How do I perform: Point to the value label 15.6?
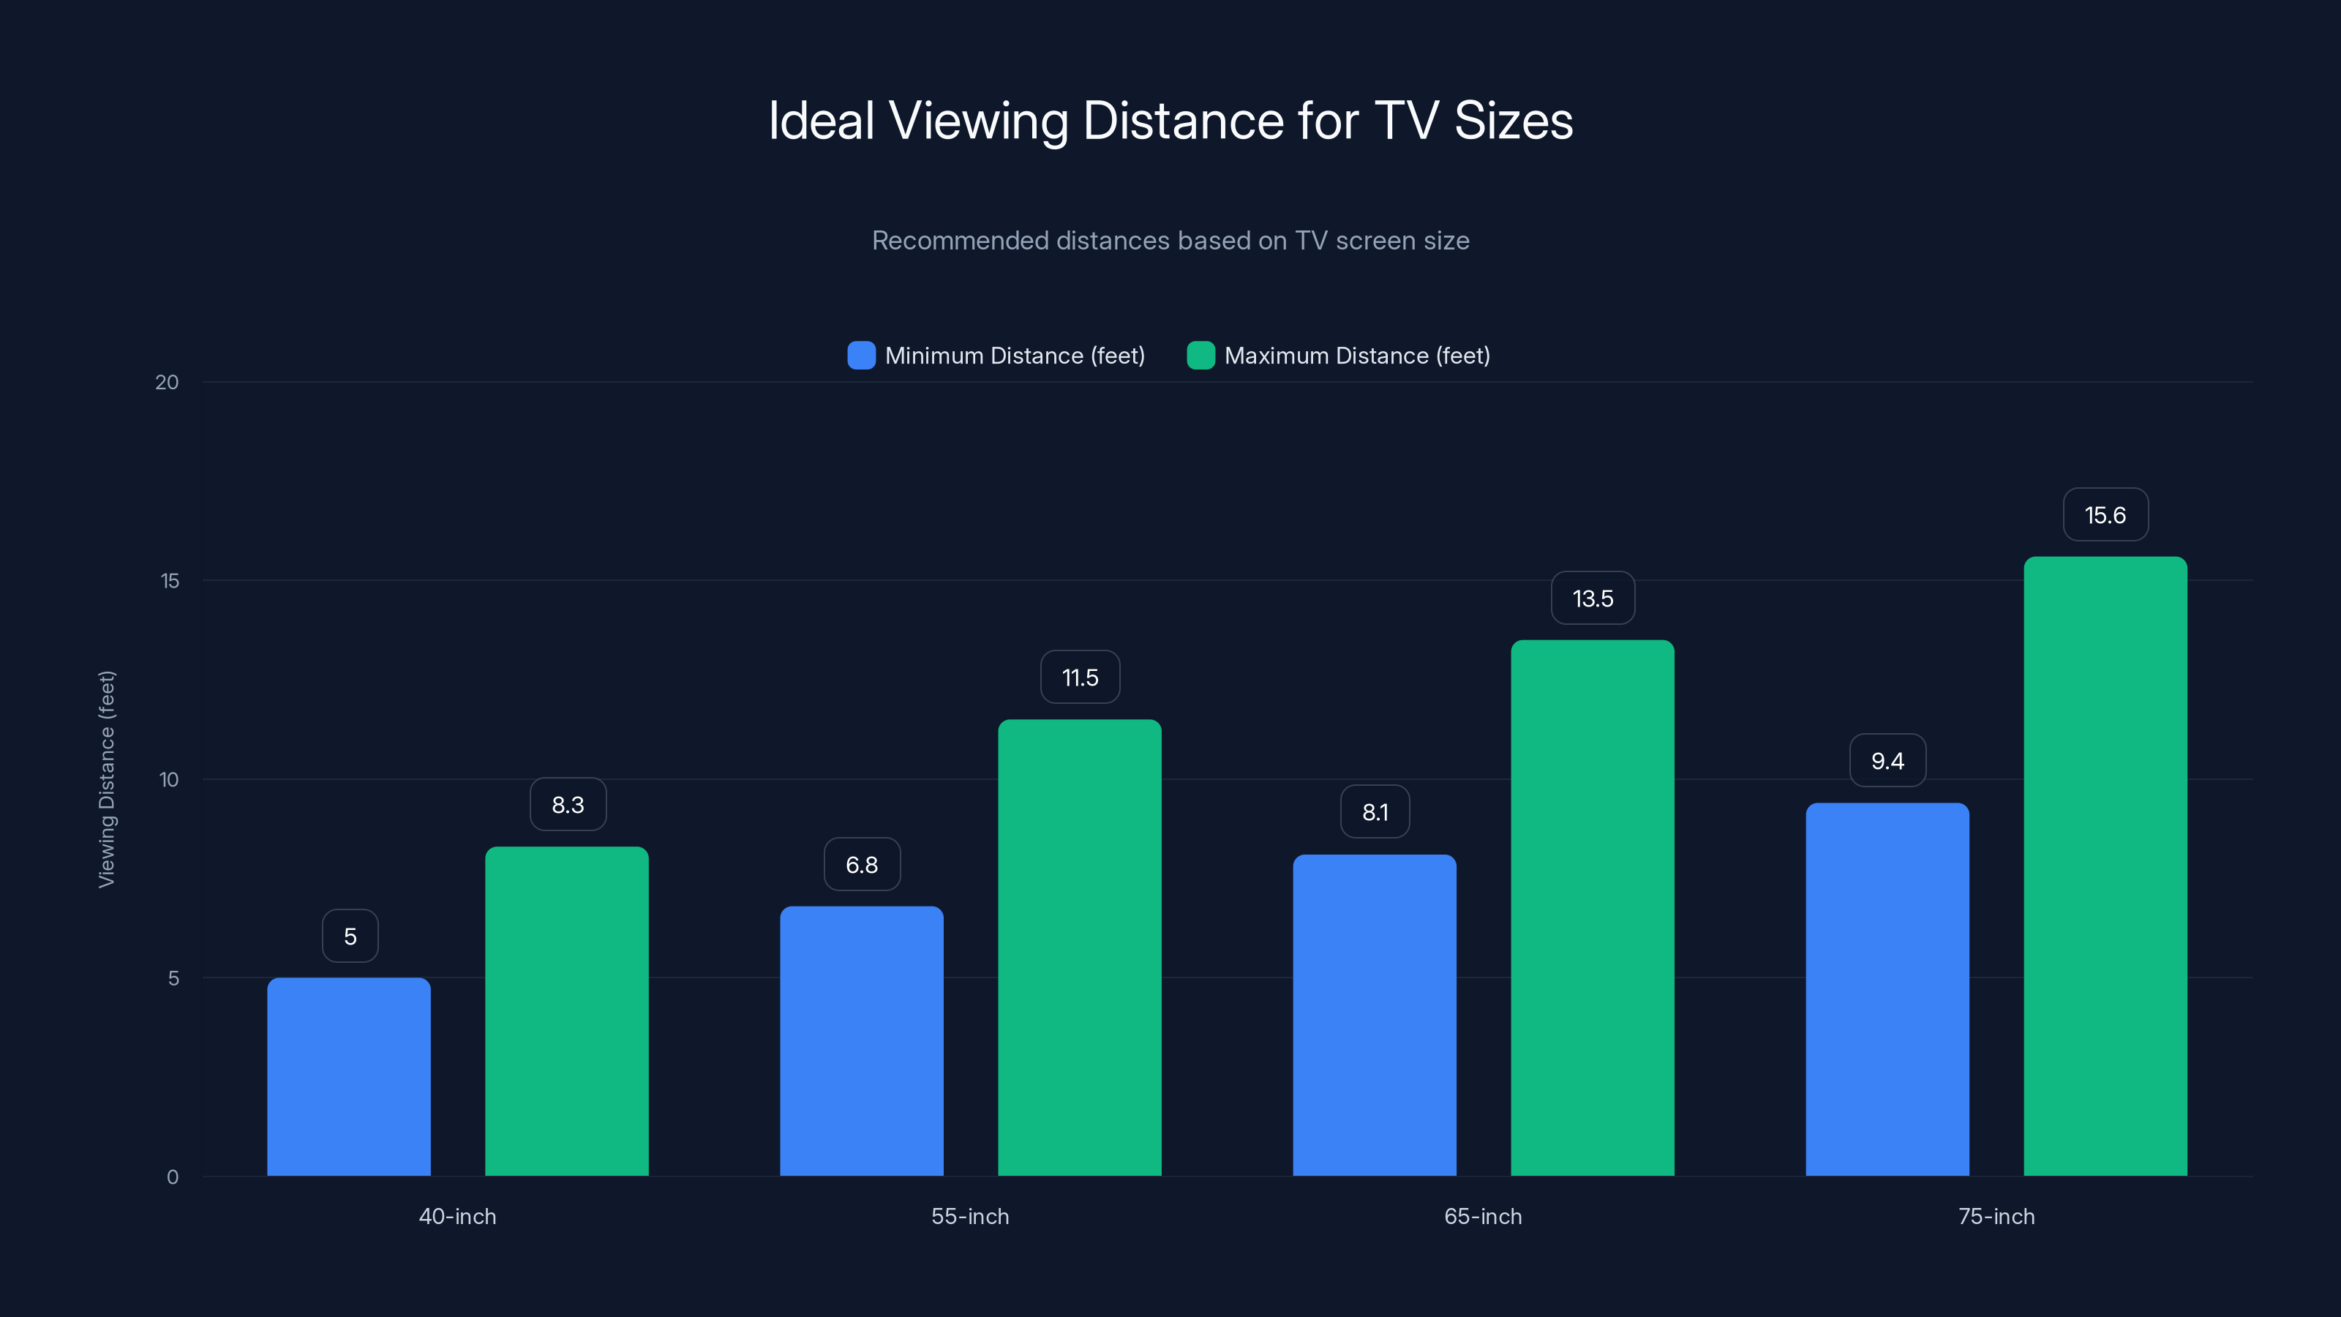[2105, 515]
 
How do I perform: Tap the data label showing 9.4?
[1887, 762]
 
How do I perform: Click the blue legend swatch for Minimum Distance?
[860, 356]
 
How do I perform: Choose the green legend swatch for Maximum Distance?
[1200, 356]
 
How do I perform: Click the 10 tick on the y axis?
[168, 780]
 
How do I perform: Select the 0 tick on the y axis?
[172, 1177]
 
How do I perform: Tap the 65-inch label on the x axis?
[1482, 1217]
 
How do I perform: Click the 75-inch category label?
[1996, 1217]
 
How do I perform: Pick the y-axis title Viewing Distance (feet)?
[106, 779]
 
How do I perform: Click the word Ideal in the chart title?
[821, 121]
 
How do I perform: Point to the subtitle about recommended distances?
[1170, 241]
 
